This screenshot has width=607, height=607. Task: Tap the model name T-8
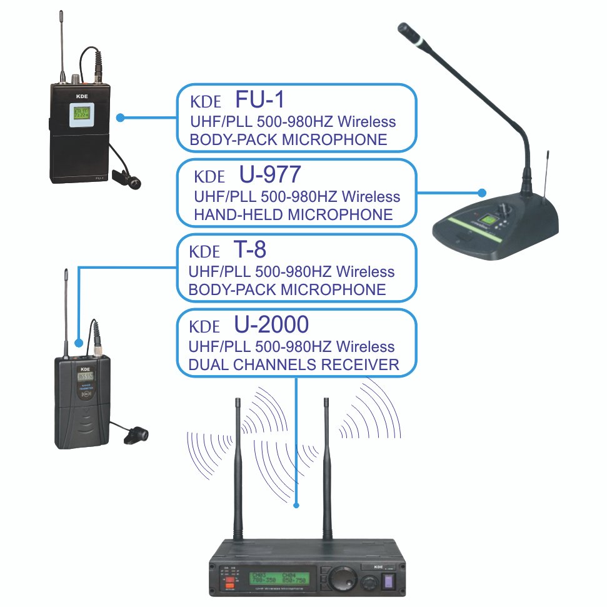pos(250,250)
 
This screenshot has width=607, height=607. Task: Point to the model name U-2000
pos(271,324)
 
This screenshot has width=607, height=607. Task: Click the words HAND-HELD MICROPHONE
pos(293,215)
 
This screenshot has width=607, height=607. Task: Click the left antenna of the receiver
pos(238,469)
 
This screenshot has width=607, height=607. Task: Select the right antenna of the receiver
pos(326,469)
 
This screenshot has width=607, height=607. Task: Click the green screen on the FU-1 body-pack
pos(80,113)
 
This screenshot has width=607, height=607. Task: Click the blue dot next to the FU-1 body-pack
pos(121,117)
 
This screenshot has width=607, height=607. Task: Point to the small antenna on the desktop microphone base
pos(548,169)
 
